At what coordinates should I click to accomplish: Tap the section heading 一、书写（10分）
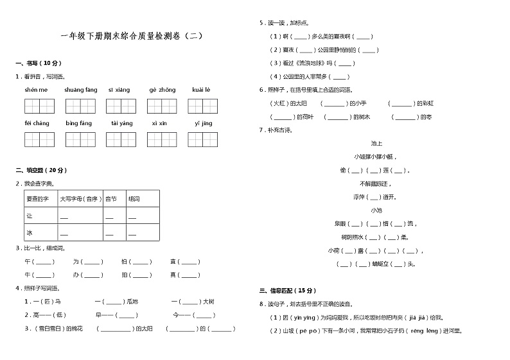(39, 63)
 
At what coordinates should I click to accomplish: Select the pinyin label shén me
(36, 90)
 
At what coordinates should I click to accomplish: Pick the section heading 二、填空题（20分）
(41, 170)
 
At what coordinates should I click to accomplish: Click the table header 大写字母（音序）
(80, 199)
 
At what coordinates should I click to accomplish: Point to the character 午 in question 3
(28, 262)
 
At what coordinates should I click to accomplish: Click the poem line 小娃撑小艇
(375, 157)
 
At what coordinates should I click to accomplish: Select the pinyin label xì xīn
(159, 123)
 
